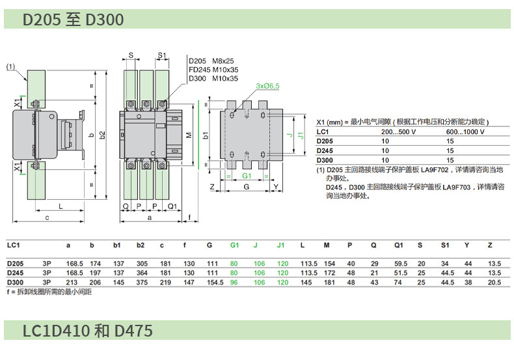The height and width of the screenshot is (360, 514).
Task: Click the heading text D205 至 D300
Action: click(x=73, y=20)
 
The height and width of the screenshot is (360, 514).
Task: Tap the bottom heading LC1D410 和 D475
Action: click(x=88, y=331)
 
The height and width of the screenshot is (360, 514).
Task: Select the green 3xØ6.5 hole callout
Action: click(x=267, y=86)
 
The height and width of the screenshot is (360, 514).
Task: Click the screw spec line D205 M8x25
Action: click(x=213, y=61)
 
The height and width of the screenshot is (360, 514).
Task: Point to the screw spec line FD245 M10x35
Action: click(x=213, y=69)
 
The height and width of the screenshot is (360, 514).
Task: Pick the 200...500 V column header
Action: click(x=398, y=132)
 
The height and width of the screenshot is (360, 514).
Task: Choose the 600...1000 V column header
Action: click(x=467, y=132)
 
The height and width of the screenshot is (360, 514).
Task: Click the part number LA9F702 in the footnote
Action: click(x=438, y=170)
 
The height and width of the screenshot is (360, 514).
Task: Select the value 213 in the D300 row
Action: click(x=73, y=283)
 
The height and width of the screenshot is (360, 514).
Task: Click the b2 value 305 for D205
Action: click(x=141, y=263)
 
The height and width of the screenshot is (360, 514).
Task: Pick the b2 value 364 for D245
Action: click(x=141, y=273)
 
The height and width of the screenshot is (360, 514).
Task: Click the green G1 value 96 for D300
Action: click(x=234, y=283)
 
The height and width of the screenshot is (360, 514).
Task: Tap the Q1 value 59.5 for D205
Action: click(x=401, y=263)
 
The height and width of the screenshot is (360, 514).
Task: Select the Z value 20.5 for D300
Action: click(x=494, y=283)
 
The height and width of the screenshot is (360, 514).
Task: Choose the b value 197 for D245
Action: click(x=95, y=273)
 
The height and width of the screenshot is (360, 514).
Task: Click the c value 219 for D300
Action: click(x=165, y=283)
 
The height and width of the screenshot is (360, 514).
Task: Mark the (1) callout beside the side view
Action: click(x=11, y=66)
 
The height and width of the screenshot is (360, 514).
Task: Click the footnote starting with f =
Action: click(x=49, y=292)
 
